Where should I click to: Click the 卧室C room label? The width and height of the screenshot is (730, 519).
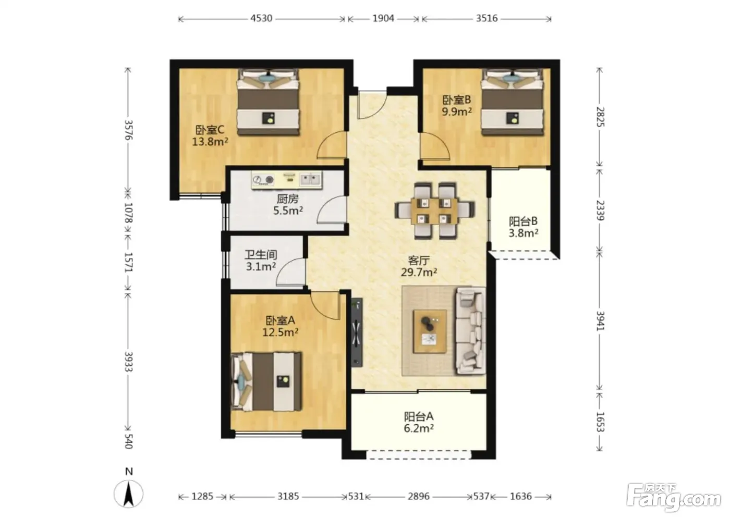coord(210,130)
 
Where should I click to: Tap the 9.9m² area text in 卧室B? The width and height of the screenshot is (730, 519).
coord(457,112)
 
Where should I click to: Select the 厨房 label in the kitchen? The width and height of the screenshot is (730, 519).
coord(287,199)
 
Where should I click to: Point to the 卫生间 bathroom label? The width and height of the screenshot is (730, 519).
coord(261,255)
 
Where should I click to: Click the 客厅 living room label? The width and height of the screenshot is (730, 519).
coord(419,260)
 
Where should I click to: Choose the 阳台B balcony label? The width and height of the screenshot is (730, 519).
coord(523,221)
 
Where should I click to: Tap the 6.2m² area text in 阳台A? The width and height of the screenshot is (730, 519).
coord(418,428)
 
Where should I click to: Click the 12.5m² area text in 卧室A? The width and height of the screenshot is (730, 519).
coord(281,332)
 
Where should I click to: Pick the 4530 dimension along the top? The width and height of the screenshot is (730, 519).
coord(261,18)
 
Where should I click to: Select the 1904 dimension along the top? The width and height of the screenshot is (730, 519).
coord(383,18)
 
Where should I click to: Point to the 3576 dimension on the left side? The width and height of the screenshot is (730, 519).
coord(129,130)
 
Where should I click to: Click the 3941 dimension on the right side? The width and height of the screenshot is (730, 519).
coord(600,321)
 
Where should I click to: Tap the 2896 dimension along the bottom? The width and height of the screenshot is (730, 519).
coord(419,496)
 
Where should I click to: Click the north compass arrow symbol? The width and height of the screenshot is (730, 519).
coord(129,493)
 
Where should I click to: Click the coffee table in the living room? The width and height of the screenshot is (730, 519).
coord(430,331)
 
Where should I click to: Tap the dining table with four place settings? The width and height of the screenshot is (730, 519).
coord(434,211)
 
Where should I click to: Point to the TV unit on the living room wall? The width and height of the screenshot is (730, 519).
coord(357,332)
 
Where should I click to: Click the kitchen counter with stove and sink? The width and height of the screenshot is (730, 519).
coord(286,180)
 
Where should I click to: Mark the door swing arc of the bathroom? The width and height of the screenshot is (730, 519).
coord(289,272)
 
